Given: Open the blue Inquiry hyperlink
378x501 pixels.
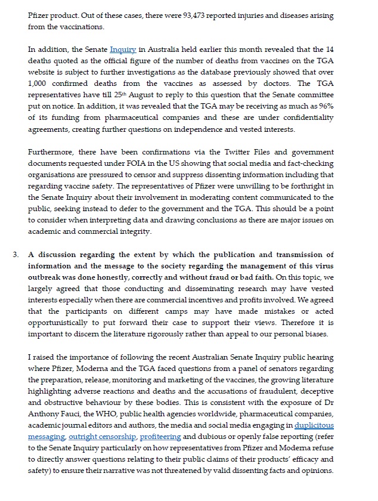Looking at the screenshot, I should tap(123, 50).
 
